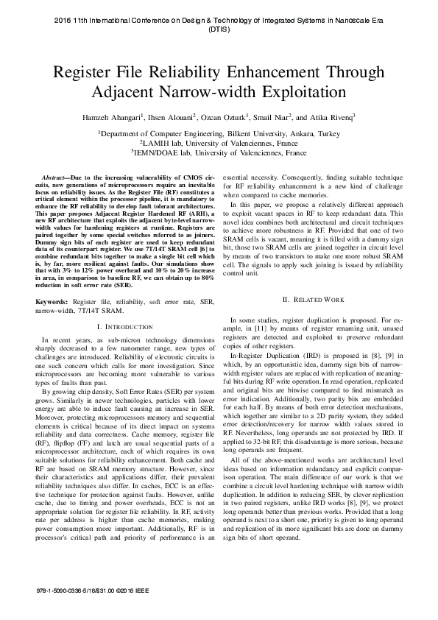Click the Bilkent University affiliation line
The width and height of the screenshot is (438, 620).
pyautogui.click(x=219, y=133)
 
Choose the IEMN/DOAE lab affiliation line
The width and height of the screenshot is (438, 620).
pyautogui.click(x=219, y=153)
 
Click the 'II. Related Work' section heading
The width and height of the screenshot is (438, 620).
pyautogui.click(x=314, y=299)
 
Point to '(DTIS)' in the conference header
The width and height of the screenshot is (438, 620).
pyautogui.click(x=219, y=31)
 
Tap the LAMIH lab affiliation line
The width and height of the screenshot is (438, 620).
pyautogui.click(x=219, y=144)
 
